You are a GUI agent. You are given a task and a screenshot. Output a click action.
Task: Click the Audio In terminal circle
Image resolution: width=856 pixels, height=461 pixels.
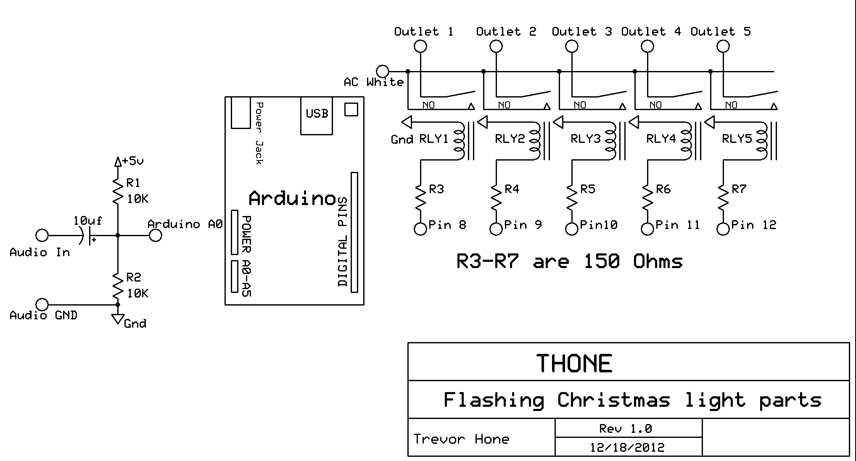[x=42, y=235]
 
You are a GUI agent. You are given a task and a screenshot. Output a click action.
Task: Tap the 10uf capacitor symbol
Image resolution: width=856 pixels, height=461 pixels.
[x=87, y=236]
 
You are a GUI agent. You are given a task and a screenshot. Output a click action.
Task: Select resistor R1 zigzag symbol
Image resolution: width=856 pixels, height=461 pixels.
[x=118, y=191]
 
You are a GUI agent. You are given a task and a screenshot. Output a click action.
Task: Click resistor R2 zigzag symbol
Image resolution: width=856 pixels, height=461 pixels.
[x=118, y=286]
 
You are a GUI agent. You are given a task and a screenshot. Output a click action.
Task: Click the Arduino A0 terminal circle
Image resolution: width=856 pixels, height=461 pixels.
[x=156, y=235]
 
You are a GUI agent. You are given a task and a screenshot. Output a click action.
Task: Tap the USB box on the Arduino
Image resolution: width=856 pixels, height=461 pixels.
[x=317, y=114]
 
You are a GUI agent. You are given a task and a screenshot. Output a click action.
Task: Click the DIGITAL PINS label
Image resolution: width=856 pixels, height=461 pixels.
[x=343, y=242]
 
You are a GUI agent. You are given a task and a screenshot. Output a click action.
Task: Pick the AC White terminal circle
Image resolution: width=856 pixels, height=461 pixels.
[x=383, y=71]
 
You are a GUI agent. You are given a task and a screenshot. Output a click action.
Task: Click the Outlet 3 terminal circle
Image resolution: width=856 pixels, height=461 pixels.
[x=572, y=46]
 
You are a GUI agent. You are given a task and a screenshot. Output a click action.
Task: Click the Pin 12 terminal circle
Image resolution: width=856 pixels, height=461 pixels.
[x=723, y=229]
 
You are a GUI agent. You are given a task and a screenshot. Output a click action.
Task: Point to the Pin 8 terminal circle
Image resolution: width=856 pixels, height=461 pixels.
[x=420, y=229]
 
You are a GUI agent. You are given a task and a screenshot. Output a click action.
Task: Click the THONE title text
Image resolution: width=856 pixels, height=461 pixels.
[x=574, y=364]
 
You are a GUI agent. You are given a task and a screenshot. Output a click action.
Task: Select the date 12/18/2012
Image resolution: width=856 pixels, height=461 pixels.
[x=627, y=447]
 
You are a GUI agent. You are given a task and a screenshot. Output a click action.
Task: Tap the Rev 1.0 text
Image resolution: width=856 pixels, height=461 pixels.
[x=625, y=429]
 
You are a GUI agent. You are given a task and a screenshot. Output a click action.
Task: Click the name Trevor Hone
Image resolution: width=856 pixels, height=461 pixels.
[x=461, y=439]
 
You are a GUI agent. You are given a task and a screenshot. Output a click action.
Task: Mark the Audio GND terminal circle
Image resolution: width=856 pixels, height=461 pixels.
[x=42, y=304]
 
